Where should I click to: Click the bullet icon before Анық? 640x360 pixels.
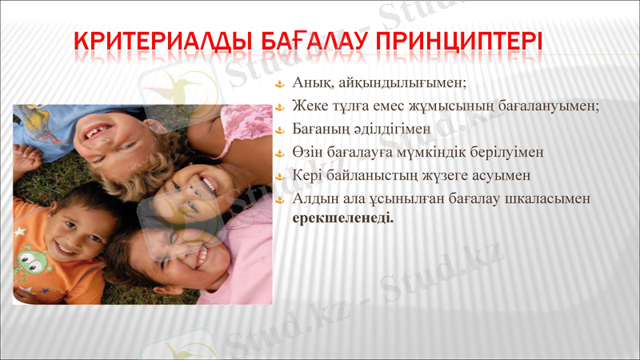279,83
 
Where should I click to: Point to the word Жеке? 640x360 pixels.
310,106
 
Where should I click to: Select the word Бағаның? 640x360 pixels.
320,128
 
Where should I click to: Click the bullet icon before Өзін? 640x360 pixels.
279,151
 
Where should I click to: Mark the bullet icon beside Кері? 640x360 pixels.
279,174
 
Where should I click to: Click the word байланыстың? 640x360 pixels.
369,174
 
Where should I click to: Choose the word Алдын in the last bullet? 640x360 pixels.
314,198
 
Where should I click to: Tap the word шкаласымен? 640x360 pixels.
548,198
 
